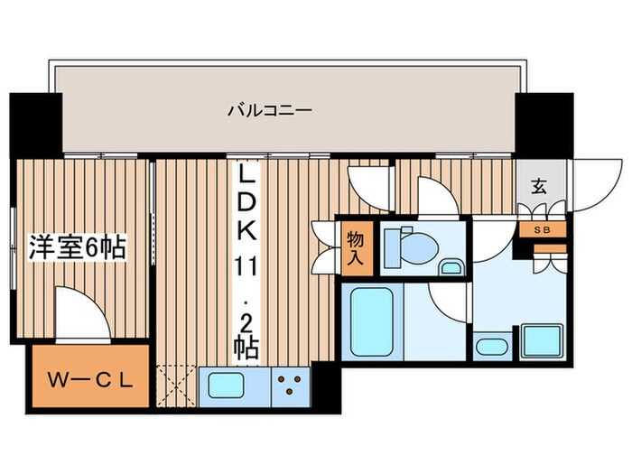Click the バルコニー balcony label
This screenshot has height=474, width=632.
pos(269,111)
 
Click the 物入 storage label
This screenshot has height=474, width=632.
pos(355,246)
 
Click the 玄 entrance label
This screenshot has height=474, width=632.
pos(539,187)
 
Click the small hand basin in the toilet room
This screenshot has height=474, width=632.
pos(451,267)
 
